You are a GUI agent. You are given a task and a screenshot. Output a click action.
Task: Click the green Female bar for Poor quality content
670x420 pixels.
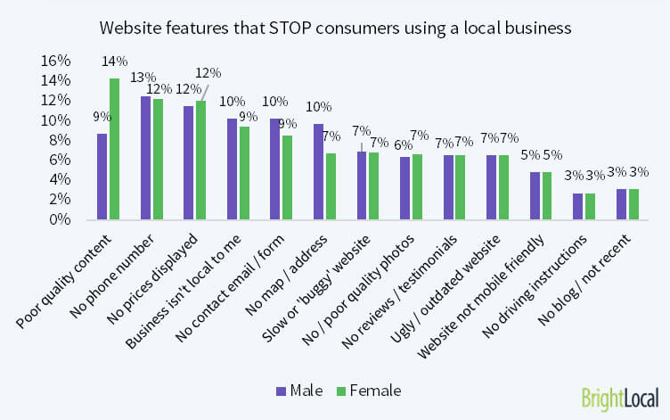(x=114, y=149)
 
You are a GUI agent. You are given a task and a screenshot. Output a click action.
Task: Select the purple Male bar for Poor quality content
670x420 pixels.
(x=102, y=177)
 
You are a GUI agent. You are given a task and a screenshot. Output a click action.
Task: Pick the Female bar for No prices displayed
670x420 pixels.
(x=200, y=160)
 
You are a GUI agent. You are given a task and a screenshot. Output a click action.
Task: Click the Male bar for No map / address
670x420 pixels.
(x=319, y=171)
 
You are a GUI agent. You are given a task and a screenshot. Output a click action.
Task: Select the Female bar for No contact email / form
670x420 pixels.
(x=287, y=177)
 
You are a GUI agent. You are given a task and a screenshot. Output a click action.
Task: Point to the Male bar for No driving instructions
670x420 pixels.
(x=578, y=206)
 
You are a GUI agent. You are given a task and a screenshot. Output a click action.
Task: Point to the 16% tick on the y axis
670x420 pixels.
(x=55, y=61)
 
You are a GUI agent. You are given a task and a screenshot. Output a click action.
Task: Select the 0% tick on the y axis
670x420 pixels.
(x=60, y=219)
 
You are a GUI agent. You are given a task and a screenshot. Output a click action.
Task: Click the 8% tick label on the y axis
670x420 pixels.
(x=60, y=140)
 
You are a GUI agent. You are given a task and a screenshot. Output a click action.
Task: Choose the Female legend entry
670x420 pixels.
(x=368, y=390)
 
